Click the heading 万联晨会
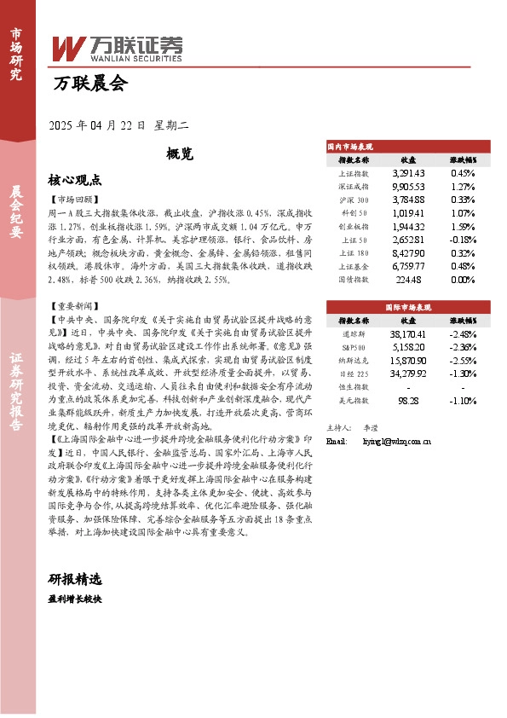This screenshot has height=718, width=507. [x=89, y=84]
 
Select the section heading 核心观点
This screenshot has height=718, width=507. [x=75, y=180]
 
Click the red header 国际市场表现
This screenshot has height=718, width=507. [x=408, y=305]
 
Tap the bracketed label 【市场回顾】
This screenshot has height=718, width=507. [x=72, y=199]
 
